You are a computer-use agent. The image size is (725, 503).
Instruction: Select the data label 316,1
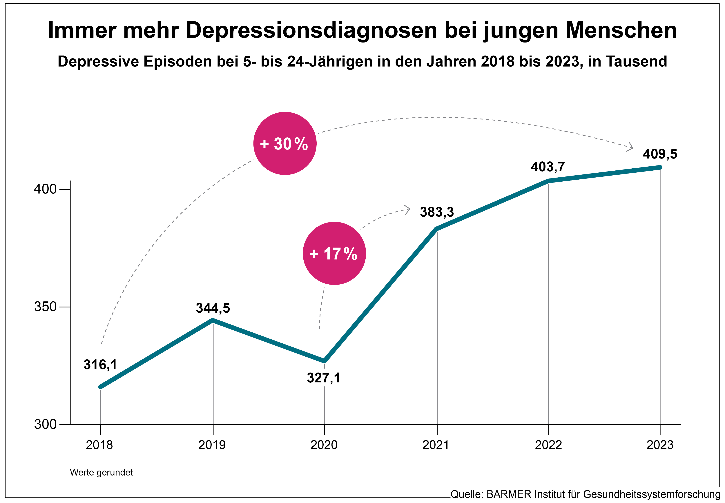[x=100, y=365]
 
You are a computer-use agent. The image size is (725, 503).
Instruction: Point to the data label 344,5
[x=213, y=308]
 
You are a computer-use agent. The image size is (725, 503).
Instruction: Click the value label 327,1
[x=324, y=377]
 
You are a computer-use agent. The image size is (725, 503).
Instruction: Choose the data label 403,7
[x=548, y=167]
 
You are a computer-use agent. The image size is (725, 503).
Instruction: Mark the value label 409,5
[x=660, y=154]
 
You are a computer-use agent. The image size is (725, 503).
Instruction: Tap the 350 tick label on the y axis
[x=45, y=307]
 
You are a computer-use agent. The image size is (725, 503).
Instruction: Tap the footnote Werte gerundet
[x=101, y=472]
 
